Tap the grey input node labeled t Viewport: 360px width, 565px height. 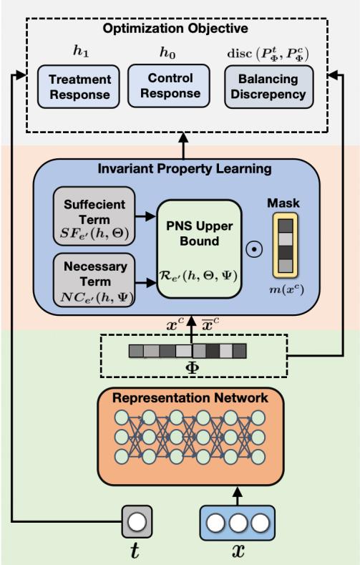pyautogui.click(x=137, y=520)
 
